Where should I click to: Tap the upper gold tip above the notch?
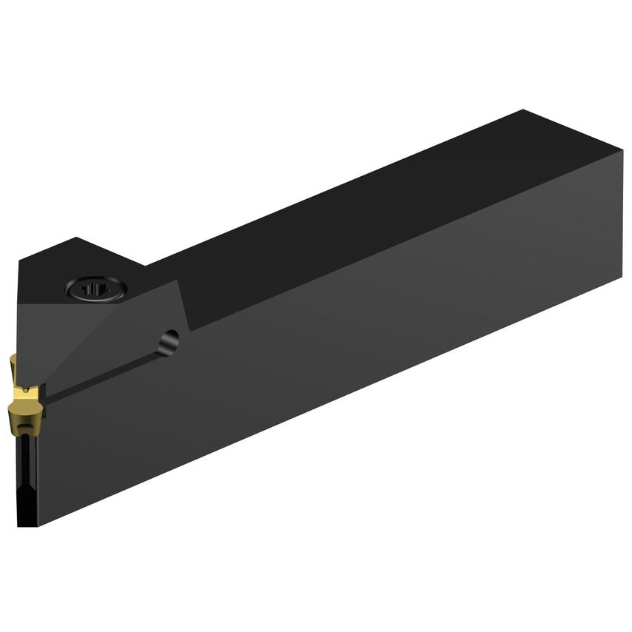tap(13, 364)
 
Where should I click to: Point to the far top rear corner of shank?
tap(524, 110)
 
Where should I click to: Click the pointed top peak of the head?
tap(77, 238)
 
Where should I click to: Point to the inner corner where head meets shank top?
tap(145, 265)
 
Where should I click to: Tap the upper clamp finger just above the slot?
tap(111, 348)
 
